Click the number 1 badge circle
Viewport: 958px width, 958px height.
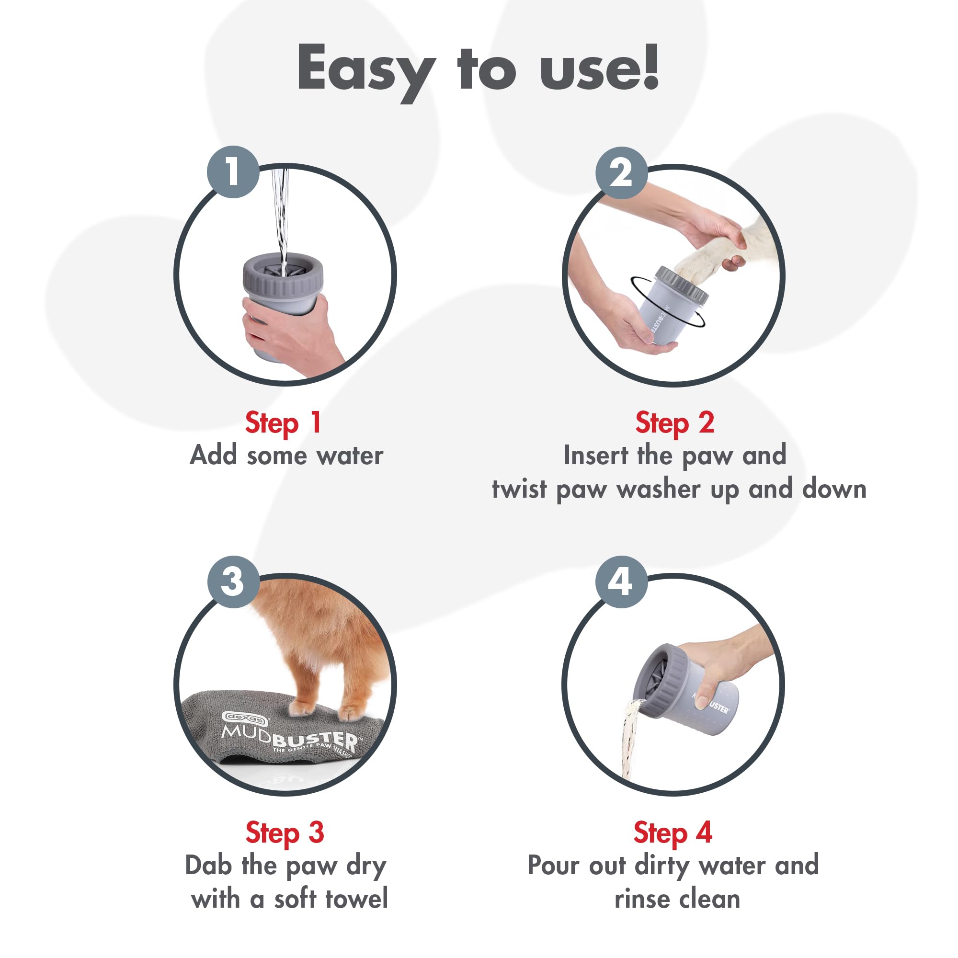pos(233,172)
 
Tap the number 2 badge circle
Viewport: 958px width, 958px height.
pos(621,173)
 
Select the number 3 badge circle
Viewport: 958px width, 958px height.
pos(233,582)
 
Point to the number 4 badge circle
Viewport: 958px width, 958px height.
pos(621,582)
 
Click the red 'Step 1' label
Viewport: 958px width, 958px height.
pos(283,423)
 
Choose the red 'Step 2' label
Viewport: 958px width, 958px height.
pos(674,423)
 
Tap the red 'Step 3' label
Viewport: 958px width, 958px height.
pos(285,833)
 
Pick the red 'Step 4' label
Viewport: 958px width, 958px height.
pos(673,833)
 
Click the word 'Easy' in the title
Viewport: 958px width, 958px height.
pos(365,69)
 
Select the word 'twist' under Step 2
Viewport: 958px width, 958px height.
pos(519,490)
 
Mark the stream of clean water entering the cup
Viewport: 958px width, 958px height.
pos(280,218)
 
